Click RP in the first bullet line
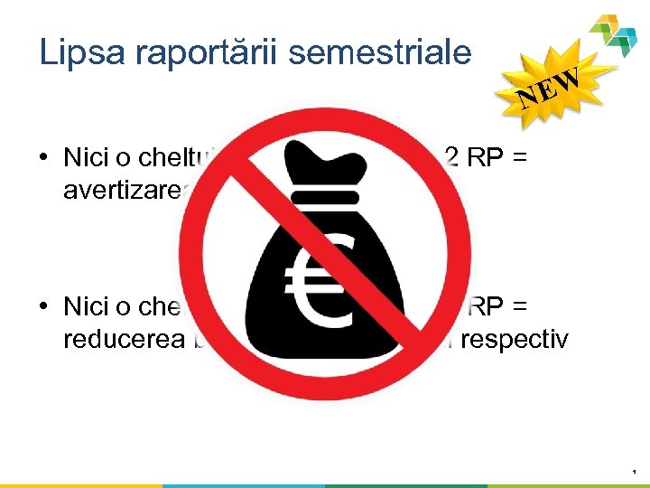click(x=483, y=157)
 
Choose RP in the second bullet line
click(x=487, y=306)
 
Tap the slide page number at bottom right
click(x=635, y=471)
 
